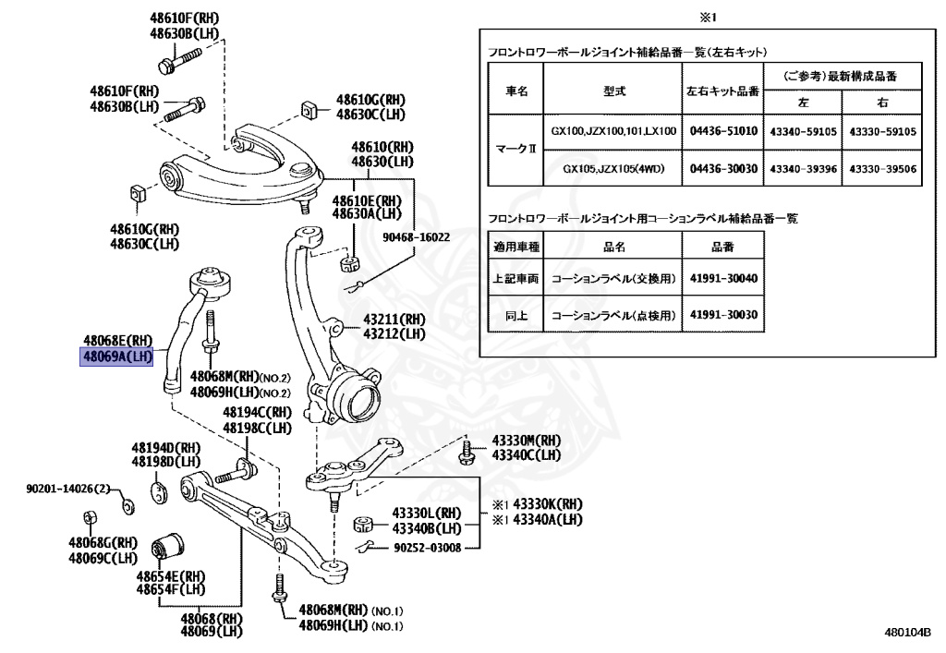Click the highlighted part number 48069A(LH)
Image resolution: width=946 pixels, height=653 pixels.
click(x=116, y=356)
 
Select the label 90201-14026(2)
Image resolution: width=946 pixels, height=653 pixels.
click(x=67, y=488)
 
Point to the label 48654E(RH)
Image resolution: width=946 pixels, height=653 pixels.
click(x=171, y=574)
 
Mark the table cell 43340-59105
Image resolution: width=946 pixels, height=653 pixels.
click(x=803, y=132)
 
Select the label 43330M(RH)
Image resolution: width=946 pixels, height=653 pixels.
click(x=526, y=441)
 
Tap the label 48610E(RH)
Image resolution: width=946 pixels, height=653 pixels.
click(x=367, y=200)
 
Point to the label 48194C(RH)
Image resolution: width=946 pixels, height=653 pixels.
click(x=257, y=413)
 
